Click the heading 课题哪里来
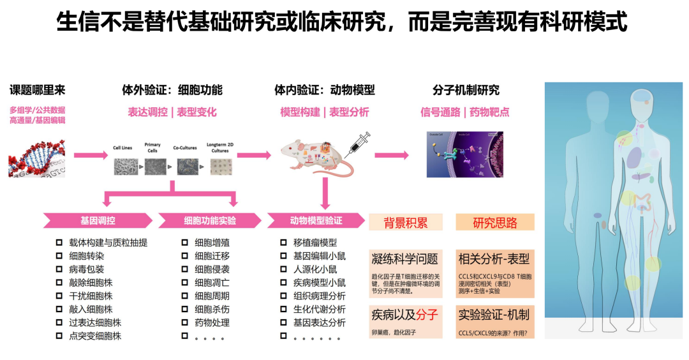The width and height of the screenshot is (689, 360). tap(37, 90)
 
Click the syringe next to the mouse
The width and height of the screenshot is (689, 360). tap(357, 145)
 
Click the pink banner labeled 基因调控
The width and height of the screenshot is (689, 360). tap(97, 221)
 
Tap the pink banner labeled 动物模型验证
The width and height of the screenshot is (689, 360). tap(316, 221)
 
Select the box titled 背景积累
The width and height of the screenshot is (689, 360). tap(405, 222)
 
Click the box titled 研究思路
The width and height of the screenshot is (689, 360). tap(494, 222)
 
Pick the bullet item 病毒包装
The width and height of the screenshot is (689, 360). tap(87, 269)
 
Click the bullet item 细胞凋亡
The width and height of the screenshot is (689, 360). tap(212, 283)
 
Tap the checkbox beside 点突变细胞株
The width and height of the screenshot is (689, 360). tap(59, 336)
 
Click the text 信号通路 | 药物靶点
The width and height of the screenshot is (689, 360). tap(464, 112)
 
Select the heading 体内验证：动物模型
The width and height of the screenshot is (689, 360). tap(324, 90)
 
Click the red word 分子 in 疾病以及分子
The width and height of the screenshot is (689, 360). tap(427, 314)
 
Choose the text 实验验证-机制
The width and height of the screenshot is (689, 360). tap(494, 314)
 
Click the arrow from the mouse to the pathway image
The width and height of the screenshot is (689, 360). tap(391, 154)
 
